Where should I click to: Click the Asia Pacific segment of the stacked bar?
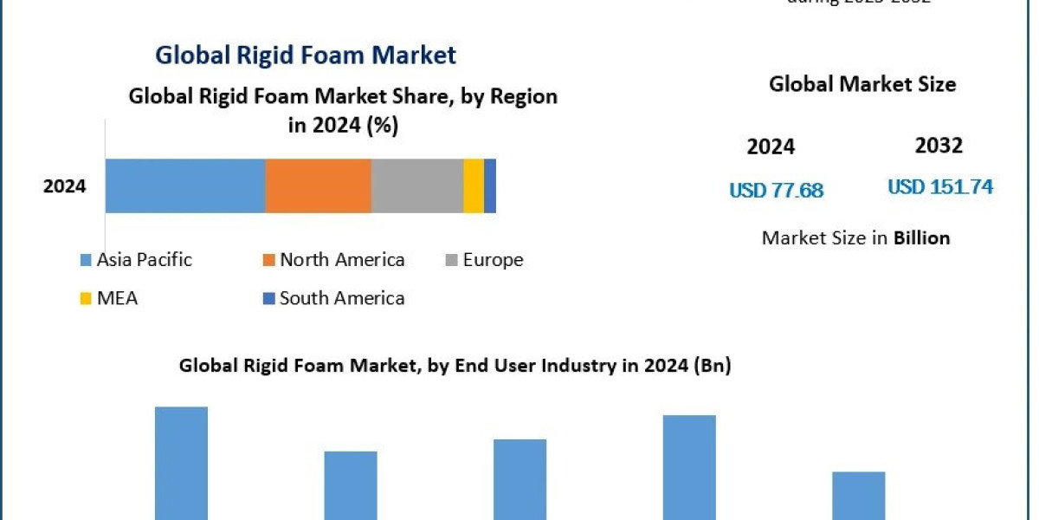(185, 185)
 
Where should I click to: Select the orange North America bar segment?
(318, 185)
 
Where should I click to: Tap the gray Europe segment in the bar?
(417, 185)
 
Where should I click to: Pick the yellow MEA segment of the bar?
(474, 185)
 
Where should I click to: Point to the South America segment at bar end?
(490, 185)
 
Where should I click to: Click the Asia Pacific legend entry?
(136, 260)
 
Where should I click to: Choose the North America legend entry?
(333, 260)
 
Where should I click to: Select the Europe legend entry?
(485, 260)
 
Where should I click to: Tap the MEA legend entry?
(109, 298)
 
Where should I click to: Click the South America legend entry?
(333, 298)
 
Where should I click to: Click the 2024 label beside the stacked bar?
(65, 185)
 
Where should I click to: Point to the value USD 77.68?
(776, 190)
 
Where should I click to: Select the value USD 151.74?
(940, 186)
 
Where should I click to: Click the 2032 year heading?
(939, 146)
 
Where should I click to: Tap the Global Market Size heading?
(862, 84)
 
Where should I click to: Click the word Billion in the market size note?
(921, 237)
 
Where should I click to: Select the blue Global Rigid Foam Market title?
(306, 55)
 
